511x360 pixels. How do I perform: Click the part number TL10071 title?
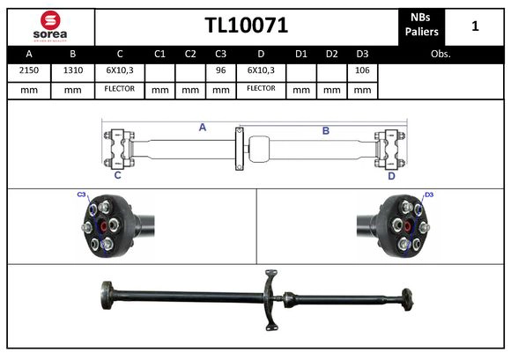246,26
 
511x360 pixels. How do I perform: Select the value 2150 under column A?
28,70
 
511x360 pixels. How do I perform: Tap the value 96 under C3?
221,70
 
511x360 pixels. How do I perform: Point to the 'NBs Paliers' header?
421,26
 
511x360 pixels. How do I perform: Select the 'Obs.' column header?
441,54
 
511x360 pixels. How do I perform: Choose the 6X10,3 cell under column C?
119,70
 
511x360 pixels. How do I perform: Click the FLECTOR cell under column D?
261,89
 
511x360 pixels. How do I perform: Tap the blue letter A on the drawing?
202,128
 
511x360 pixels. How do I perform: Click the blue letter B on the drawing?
325,130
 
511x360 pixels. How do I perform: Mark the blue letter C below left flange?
117,175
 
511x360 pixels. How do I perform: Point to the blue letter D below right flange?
391,175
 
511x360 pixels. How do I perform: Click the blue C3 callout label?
81,195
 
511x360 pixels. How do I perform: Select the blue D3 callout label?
429,195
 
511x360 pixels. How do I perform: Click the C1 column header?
159,54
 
